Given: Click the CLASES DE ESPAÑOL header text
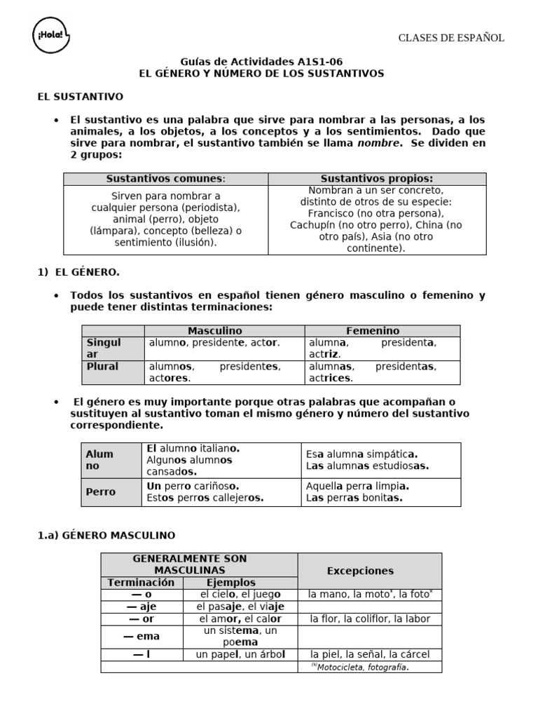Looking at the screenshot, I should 451,38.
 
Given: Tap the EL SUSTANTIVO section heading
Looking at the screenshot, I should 80,97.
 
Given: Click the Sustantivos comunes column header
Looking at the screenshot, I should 166,179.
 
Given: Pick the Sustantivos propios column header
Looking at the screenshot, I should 377,179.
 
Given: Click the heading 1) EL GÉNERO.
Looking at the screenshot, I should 78,272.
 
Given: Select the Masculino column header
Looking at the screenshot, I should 214,330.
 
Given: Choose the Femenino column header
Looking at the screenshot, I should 373,330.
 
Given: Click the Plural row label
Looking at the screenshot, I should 102,367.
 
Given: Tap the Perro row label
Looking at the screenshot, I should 101,492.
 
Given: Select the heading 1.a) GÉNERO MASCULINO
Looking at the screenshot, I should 106,536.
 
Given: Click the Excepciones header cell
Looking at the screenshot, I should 360,571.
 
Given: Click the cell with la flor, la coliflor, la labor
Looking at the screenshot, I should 370,619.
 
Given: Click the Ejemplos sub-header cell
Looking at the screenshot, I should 231,583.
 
